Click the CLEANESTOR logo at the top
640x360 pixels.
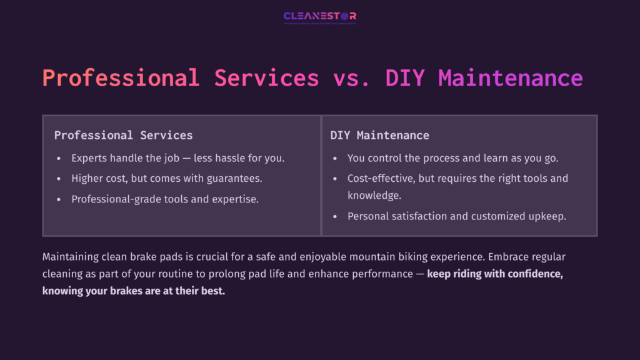319,17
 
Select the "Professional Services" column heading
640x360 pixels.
123,135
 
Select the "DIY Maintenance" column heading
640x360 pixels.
379,135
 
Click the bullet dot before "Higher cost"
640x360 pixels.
58,179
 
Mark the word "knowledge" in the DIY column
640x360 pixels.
374,195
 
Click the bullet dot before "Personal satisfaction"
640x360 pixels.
334,216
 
